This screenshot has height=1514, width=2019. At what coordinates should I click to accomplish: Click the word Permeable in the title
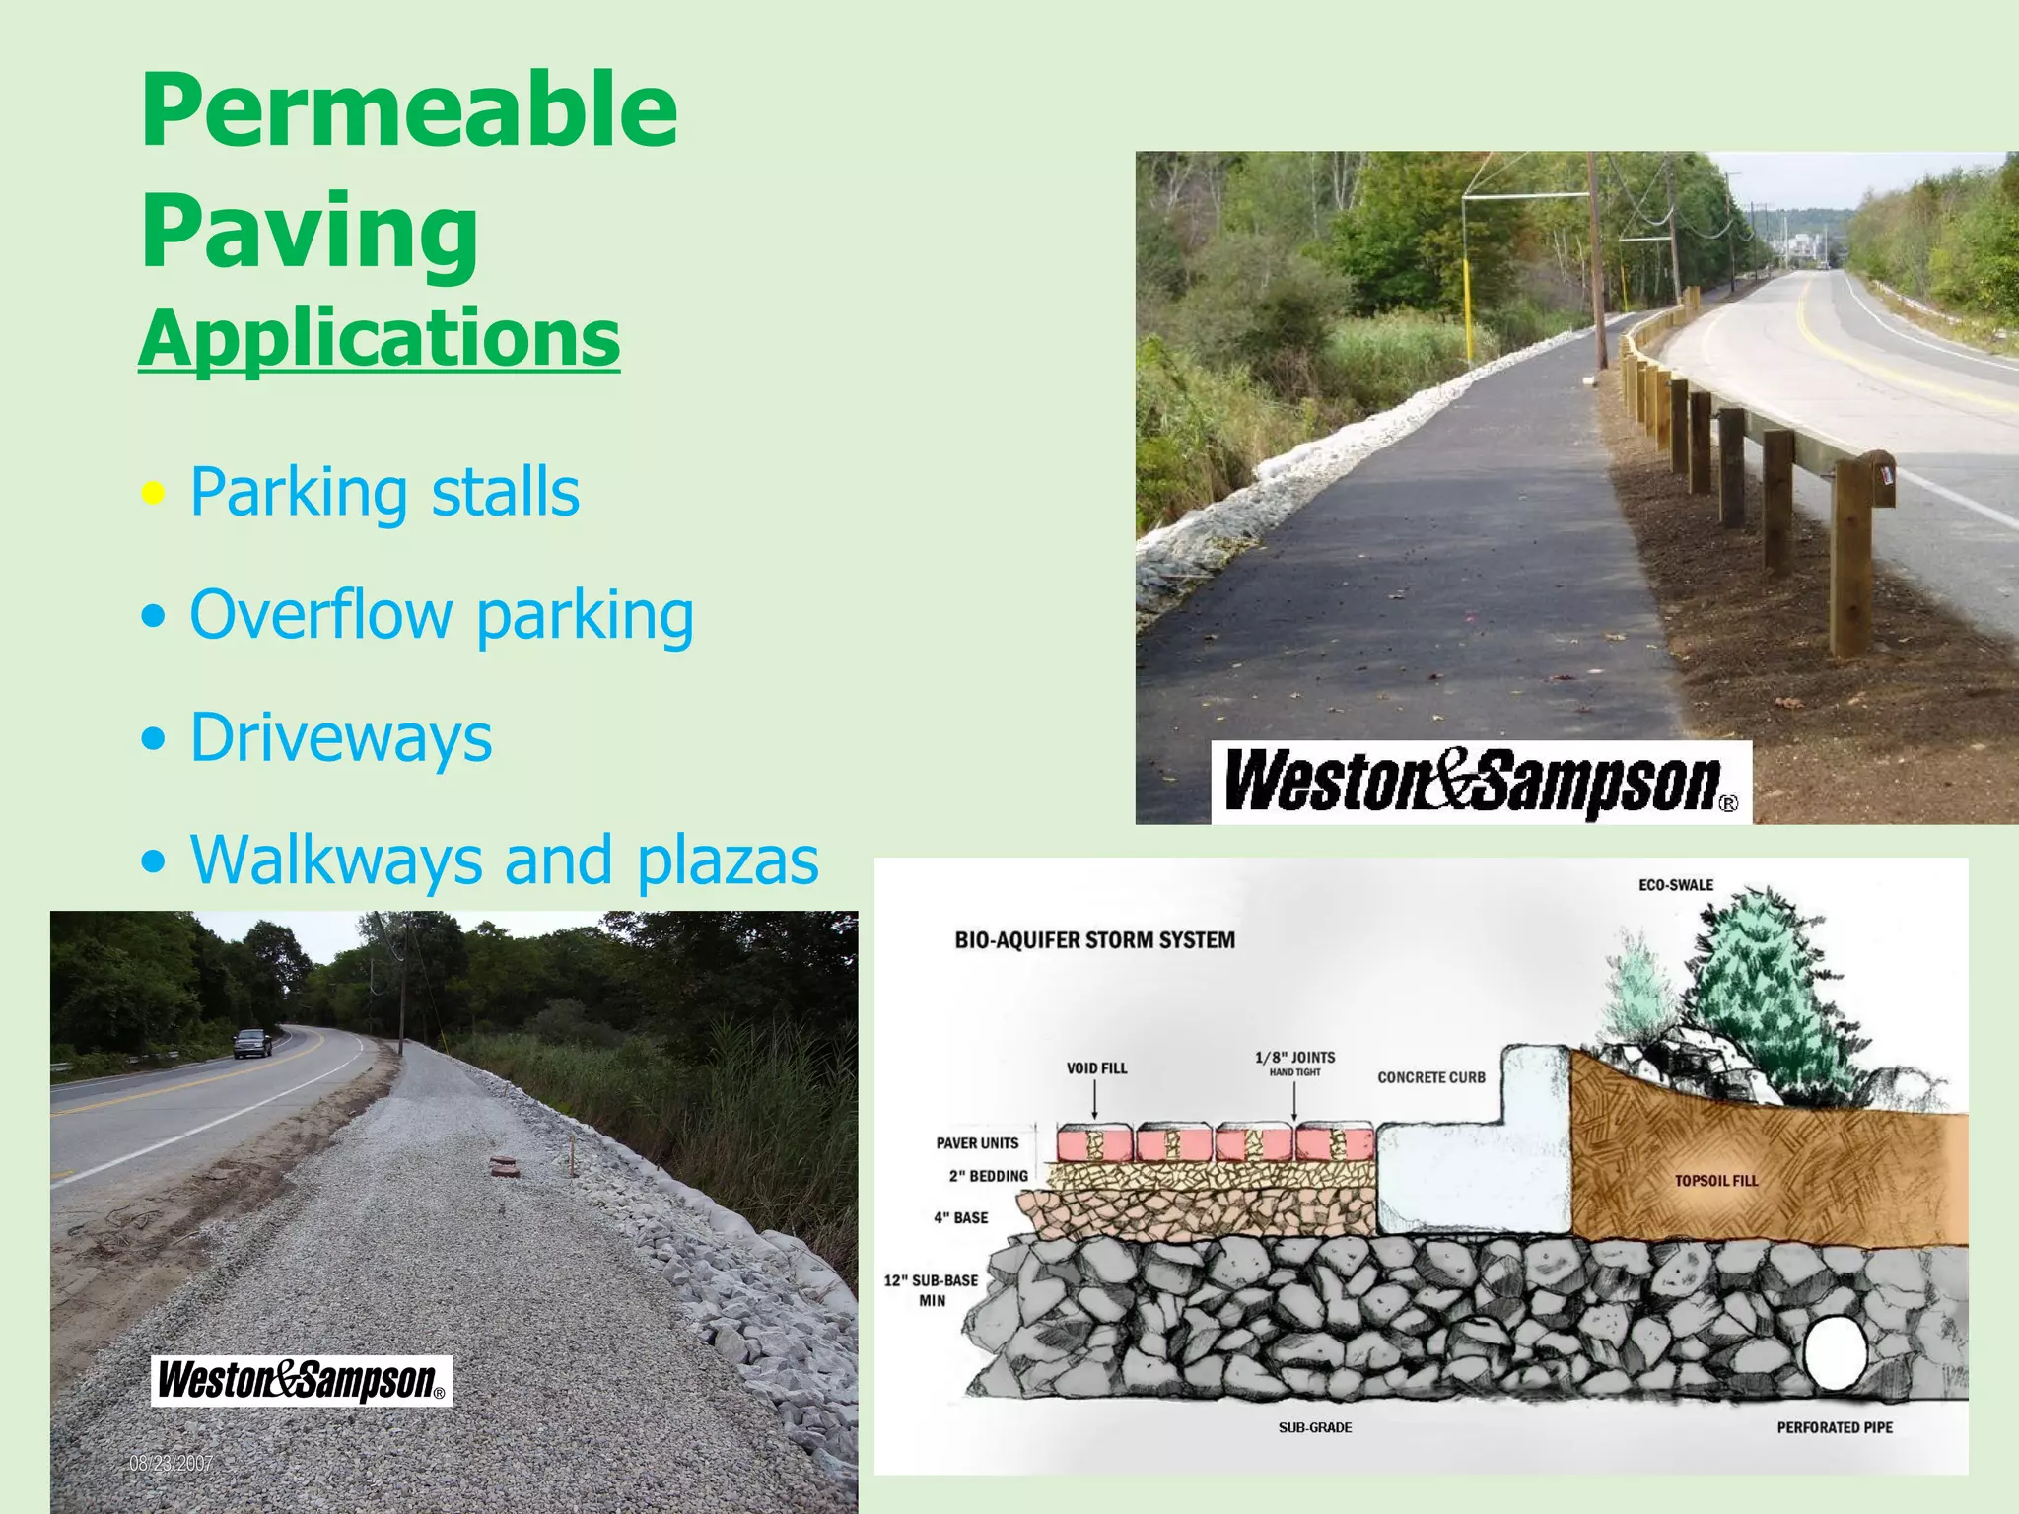tap(409, 110)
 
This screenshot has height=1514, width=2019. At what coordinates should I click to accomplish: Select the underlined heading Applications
tap(380, 338)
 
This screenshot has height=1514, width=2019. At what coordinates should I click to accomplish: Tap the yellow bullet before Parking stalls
tap(153, 493)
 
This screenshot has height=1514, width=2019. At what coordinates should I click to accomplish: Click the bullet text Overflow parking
tap(442, 615)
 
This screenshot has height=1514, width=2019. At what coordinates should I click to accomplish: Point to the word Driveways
tap(341, 737)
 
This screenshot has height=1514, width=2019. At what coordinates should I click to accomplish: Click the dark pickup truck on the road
tap(252, 1043)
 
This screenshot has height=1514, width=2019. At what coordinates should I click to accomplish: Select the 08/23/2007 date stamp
tap(171, 1464)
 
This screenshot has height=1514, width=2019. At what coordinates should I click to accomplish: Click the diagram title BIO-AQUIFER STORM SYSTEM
tap(1094, 940)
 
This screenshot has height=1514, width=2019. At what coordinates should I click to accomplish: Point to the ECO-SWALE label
tap(1676, 885)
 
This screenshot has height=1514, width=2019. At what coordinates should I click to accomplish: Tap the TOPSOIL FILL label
tap(1716, 1181)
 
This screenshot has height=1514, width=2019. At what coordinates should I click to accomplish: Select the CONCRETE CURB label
tap(1430, 1078)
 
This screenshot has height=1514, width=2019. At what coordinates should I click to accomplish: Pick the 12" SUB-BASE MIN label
tap(931, 1290)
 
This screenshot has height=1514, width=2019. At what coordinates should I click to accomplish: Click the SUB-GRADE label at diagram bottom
tap(1315, 1427)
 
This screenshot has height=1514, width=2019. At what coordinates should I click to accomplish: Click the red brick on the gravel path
tap(505, 1168)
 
